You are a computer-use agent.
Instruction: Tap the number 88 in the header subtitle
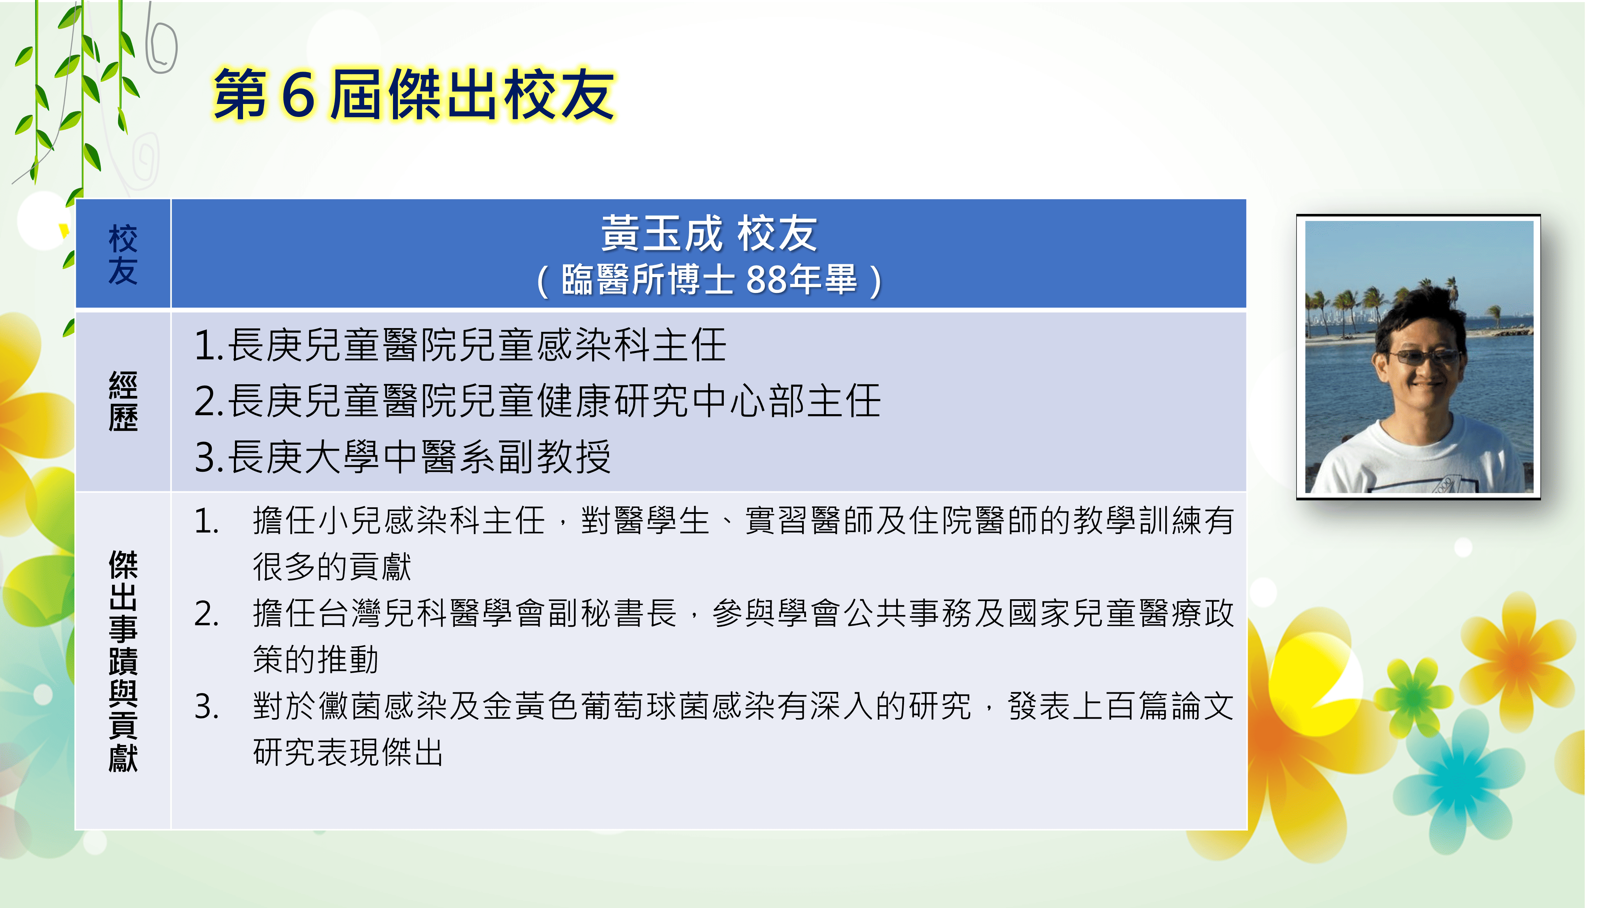click(765, 279)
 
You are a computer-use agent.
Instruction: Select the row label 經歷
click(123, 401)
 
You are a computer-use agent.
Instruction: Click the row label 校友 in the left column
click(123, 254)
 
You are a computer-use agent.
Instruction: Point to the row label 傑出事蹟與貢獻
click(123, 661)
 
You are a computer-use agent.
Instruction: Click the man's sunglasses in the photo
click(1424, 357)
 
